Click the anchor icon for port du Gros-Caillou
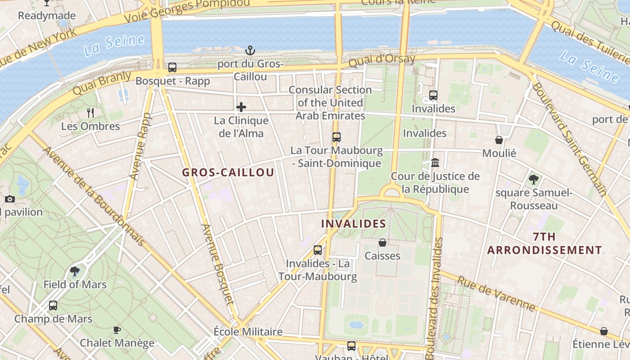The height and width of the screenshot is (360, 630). coord(250,50)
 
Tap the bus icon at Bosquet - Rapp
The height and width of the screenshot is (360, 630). coord(172,67)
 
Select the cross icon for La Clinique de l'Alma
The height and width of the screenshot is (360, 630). coord(241,107)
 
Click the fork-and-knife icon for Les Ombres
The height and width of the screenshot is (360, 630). coord(90,112)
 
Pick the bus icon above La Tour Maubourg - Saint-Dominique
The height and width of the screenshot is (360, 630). coord(337,137)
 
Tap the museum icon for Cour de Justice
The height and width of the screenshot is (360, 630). coord(435,162)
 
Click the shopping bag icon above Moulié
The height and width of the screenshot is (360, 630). coord(499,140)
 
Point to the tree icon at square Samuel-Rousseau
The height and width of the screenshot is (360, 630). coord(534,180)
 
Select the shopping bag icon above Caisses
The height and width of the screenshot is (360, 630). coord(382,243)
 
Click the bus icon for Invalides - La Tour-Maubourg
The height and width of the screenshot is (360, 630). coord(318,250)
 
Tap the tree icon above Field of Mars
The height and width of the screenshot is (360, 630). coord(75,271)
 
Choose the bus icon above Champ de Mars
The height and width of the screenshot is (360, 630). coord(53,306)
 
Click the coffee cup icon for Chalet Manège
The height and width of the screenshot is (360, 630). coord(117,330)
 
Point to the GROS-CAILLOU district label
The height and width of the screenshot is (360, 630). coord(228,172)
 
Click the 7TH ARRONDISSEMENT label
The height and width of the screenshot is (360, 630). coord(544,243)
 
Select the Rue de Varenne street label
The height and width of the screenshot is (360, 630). coord(496,294)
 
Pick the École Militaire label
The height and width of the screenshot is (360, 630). coord(248,332)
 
